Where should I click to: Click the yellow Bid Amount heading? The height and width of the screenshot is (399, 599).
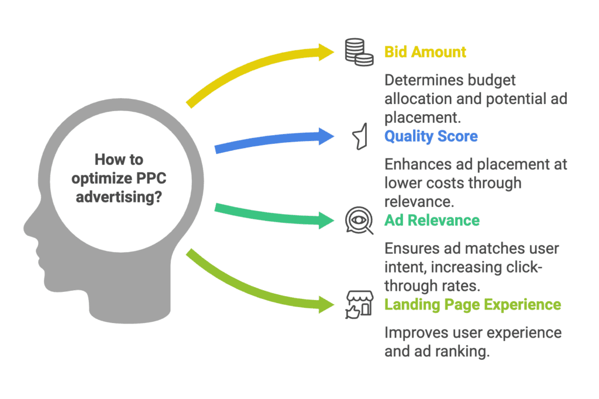425,51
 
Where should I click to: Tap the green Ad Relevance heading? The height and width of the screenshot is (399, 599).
432,221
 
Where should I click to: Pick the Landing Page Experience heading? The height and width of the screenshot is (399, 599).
472,305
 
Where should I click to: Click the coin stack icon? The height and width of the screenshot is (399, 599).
359,51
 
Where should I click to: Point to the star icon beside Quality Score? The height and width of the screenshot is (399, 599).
359,136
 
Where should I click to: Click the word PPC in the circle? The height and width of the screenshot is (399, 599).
149,178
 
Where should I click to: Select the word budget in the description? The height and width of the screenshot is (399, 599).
491,80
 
